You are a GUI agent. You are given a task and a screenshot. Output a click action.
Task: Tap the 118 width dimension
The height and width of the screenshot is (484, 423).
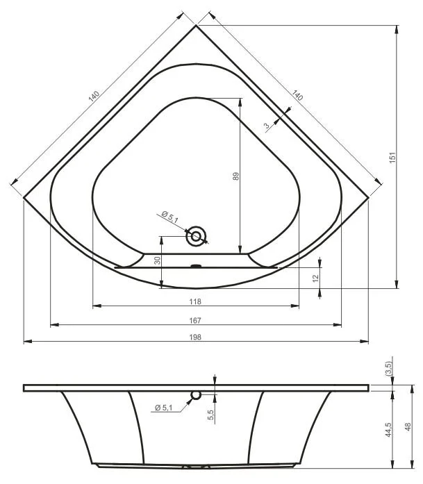pyautogui.click(x=195, y=301)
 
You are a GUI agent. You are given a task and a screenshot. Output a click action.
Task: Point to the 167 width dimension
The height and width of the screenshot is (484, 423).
pyautogui.click(x=195, y=320)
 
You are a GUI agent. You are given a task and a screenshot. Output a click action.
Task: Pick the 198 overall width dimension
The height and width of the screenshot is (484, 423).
pyautogui.click(x=195, y=337)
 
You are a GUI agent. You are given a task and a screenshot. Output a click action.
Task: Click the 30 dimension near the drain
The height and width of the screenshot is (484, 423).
pyautogui.click(x=157, y=260)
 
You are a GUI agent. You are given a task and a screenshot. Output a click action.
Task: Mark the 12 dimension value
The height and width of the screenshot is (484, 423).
pyautogui.click(x=315, y=277)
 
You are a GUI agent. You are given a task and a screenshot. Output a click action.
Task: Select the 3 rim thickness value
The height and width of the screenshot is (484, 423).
pyautogui.click(x=266, y=126)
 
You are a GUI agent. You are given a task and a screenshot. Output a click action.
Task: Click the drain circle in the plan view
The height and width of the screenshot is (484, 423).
pyautogui.click(x=197, y=237)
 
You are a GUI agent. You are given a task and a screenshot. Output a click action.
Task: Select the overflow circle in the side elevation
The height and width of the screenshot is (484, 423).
pyautogui.click(x=196, y=394)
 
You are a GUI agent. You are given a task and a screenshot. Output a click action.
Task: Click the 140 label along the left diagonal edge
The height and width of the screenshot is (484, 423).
pyautogui.click(x=94, y=97)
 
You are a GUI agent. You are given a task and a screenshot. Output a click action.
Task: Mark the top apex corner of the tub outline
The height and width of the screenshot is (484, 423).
pyautogui.click(x=196, y=26)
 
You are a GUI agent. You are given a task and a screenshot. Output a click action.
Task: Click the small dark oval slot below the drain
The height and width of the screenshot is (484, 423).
pyautogui.click(x=197, y=265)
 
